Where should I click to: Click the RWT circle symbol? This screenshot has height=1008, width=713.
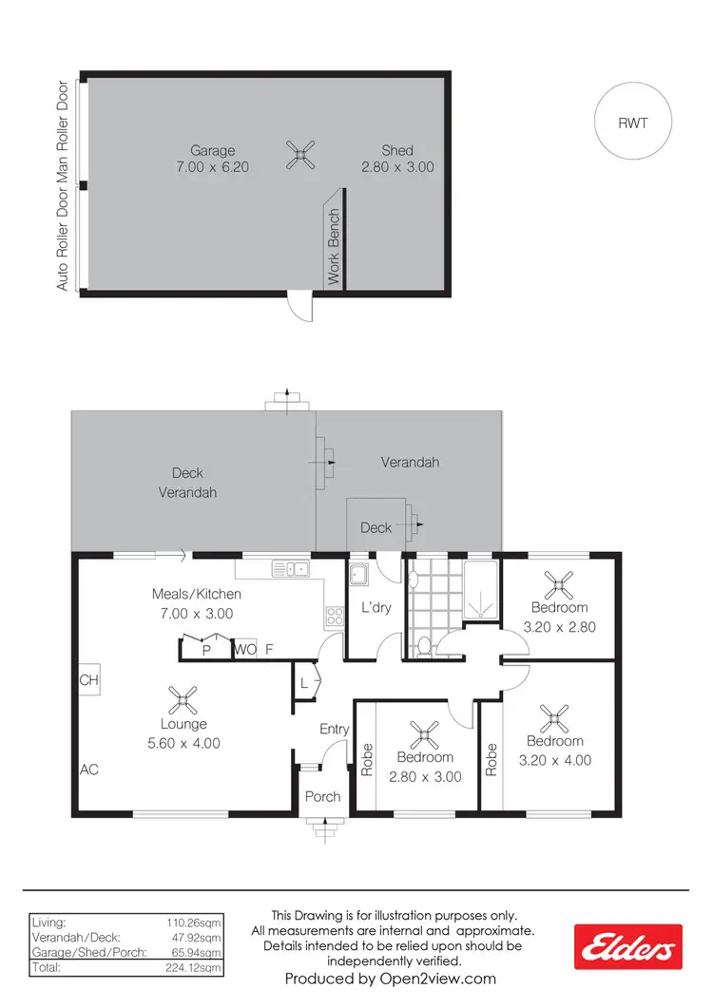point(632,123)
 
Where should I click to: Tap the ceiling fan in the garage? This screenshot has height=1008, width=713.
point(299,154)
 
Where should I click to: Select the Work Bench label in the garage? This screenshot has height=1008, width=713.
point(334,247)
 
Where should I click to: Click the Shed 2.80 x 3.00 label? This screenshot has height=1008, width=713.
point(397,159)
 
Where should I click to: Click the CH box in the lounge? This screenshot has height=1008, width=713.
point(88,680)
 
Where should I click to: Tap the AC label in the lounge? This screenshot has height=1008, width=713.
point(89,770)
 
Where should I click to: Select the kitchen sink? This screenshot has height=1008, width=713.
point(290,569)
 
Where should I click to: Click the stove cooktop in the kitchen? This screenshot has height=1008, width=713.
point(335,615)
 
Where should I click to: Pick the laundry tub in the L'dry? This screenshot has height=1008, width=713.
point(359,576)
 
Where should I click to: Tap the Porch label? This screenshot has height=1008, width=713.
point(322,796)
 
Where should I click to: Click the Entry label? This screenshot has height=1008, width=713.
point(335,729)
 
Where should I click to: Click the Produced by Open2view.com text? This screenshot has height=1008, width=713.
point(390,978)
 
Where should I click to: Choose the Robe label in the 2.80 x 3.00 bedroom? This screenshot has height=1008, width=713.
point(367,761)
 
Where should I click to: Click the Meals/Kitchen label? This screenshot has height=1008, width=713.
point(197,594)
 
